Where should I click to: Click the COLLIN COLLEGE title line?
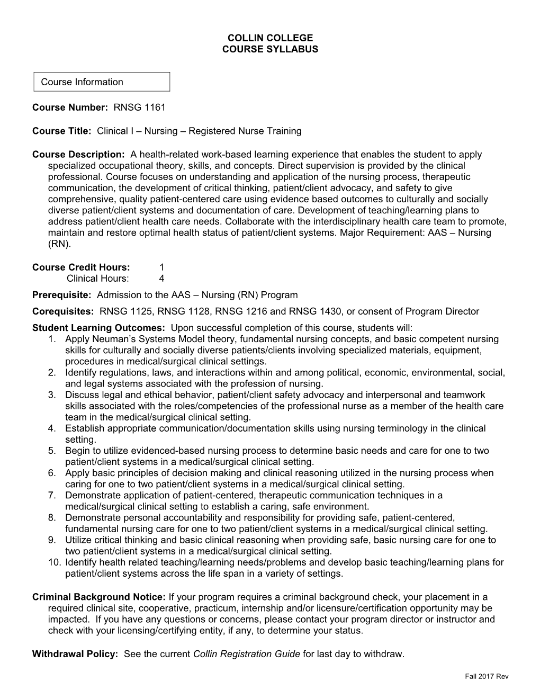[x=270, y=38]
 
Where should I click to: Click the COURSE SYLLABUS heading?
[x=270, y=49]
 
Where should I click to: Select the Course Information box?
[x=102, y=82]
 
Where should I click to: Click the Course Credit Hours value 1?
[x=162, y=267]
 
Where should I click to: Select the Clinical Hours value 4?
[x=162, y=279]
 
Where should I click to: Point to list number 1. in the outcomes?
[x=51, y=339]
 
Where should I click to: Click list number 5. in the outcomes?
[x=51, y=451]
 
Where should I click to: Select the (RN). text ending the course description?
[x=59, y=244]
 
